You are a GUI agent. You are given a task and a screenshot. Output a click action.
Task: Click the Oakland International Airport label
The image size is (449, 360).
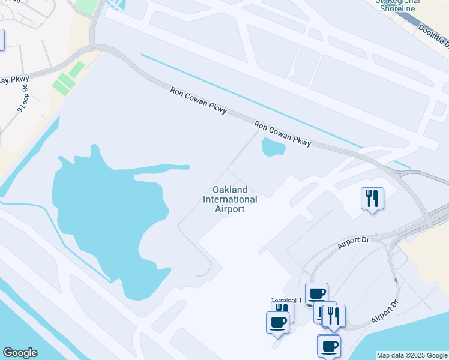[230, 199]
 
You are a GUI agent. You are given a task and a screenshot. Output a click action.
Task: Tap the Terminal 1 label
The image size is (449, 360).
[286, 300]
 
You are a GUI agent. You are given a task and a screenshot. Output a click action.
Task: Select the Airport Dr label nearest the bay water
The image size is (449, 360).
[385, 310]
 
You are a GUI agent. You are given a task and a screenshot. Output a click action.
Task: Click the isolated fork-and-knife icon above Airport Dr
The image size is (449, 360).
[372, 198]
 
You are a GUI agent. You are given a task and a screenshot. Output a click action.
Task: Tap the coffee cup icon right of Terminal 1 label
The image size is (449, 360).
[316, 293]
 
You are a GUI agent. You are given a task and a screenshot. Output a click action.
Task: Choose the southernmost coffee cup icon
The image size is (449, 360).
[328, 346]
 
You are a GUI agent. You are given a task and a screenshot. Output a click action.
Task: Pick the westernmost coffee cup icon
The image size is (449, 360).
[277, 322]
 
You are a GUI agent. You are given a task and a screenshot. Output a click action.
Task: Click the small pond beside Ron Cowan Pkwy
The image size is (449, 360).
[273, 146]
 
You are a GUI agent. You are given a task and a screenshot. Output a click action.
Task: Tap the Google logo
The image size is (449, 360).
[20, 353]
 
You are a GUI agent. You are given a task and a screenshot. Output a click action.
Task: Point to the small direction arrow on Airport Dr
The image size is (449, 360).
[396, 280]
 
